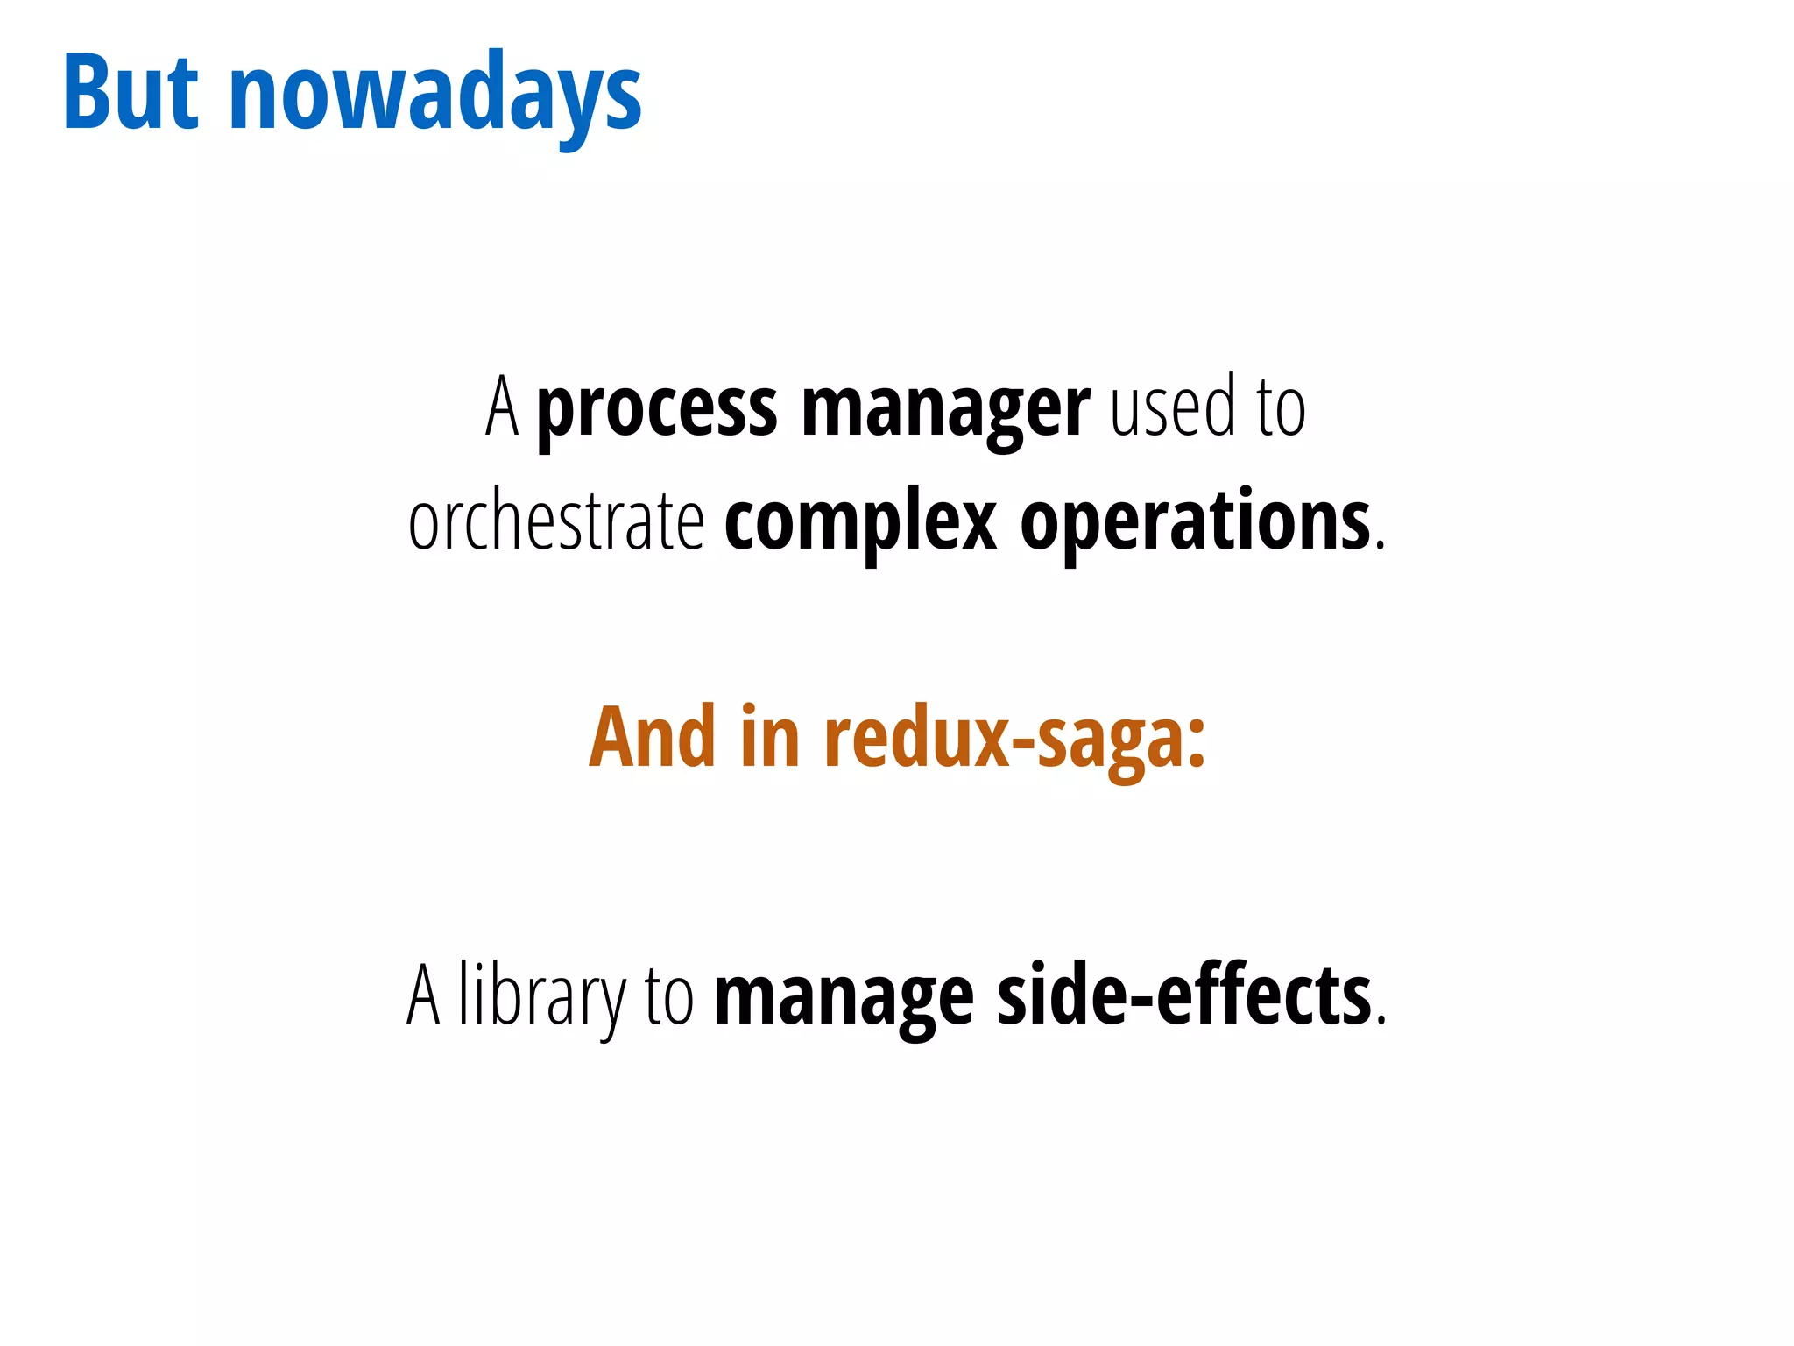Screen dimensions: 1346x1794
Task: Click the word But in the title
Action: [131, 93]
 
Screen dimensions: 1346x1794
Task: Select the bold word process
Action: [656, 409]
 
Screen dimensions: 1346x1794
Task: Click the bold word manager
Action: [945, 409]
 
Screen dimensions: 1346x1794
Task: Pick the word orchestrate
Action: [556, 522]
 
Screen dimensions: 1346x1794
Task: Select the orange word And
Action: [652, 738]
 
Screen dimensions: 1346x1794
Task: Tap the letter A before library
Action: [423, 995]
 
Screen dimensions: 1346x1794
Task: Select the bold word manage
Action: [844, 999]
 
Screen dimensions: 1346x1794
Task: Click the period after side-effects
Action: [1381, 1020]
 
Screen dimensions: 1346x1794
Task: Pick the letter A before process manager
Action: [502, 407]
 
